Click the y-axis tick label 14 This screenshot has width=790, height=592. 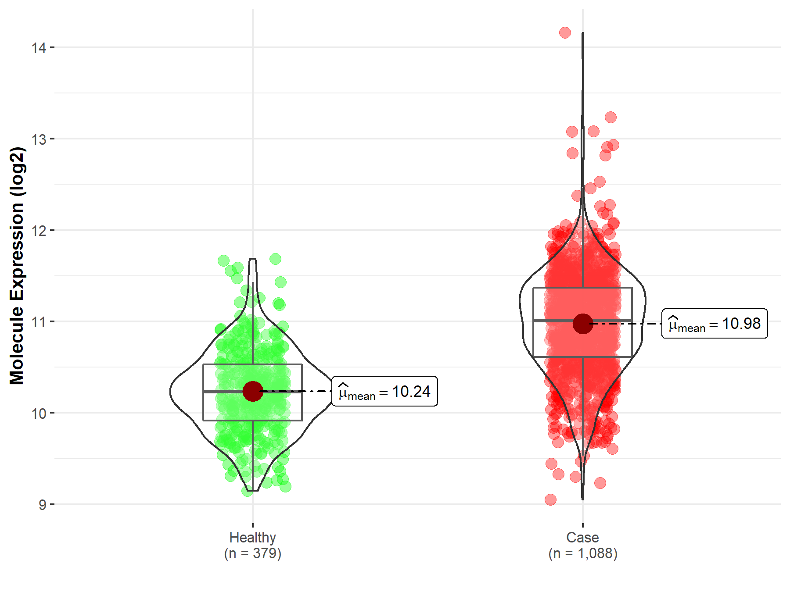click(39, 47)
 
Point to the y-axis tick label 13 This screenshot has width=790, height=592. click(39, 139)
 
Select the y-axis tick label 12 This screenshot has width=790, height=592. click(39, 230)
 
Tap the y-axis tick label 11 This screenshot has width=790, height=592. click(39, 322)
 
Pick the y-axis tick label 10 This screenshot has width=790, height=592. click(39, 413)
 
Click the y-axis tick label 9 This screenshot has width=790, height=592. click(42, 505)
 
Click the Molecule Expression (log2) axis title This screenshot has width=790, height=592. click(17, 266)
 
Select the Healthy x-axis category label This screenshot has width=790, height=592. click(252, 537)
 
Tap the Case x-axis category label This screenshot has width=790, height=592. click(582, 537)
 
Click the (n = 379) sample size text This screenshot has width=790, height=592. click(252, 553)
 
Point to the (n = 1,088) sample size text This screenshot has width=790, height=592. click(582, 553)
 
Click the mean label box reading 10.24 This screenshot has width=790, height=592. click(384, 391)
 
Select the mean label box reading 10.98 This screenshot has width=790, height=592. click(715, 324)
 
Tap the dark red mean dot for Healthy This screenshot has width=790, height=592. click(253, 391)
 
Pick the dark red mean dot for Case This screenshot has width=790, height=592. click(583, 324)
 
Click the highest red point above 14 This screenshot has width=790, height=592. click(565, 32)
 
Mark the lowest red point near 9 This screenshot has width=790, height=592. click(550, 499)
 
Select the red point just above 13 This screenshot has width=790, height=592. click(610, 117)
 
